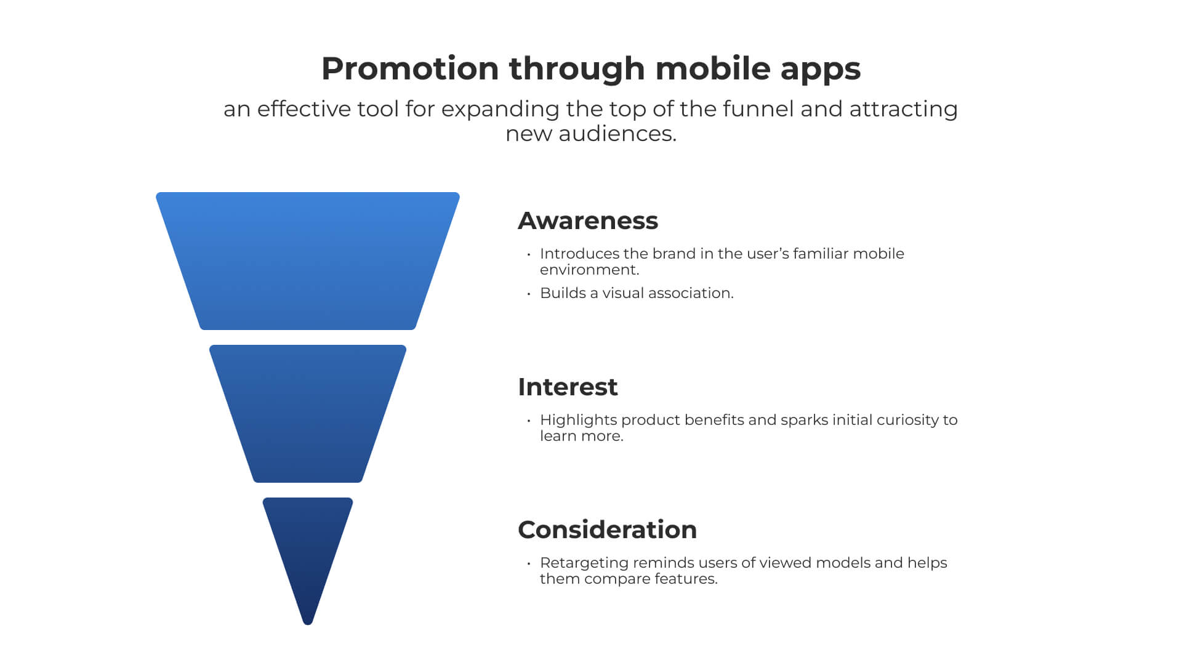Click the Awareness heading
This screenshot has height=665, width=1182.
tap(588, 220)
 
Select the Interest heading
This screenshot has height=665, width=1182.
tap(568, 387)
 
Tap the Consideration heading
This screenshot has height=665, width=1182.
tap(607, 530)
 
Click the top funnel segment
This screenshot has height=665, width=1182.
tap(308, 261)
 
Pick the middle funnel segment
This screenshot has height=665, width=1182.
tap(308, 414)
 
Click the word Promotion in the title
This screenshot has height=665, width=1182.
tap(410, 68)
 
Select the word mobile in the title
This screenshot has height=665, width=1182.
tap(713, 68)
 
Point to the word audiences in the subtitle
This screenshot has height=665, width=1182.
tap(617, 134)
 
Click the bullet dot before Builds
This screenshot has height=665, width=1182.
tap(529, 294)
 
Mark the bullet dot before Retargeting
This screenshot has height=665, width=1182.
tap(529, 563)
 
